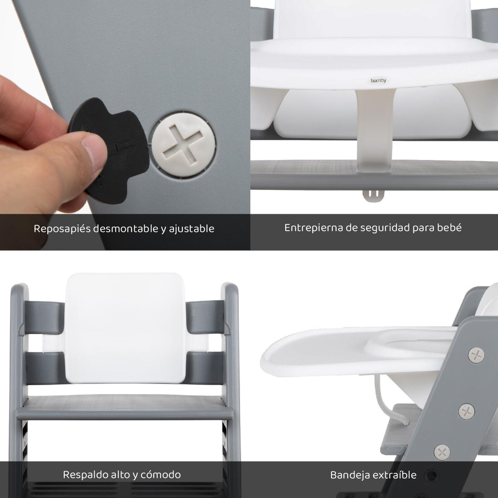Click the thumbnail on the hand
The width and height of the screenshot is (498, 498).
(x=95, y=153)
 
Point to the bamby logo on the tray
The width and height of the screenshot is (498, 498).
(x=378, y=81)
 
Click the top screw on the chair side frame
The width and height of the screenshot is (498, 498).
(x=476, y=355)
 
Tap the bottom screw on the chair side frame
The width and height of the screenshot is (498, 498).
(x=442, y=460)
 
